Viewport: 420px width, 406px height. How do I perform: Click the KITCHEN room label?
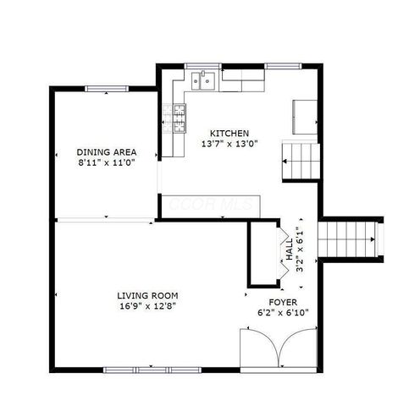229,133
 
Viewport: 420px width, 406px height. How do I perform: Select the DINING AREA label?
107,152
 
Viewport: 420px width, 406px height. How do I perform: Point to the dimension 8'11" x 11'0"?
107,162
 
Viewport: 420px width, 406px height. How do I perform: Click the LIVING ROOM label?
147,295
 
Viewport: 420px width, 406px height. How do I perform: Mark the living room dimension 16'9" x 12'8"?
147,306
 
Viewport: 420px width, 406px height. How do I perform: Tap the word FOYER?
283,301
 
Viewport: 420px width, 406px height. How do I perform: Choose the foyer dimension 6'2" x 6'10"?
283,312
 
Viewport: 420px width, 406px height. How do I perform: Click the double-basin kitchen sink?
203,81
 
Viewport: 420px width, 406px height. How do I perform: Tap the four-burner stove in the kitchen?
180,119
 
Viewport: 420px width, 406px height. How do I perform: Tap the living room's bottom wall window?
135,370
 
